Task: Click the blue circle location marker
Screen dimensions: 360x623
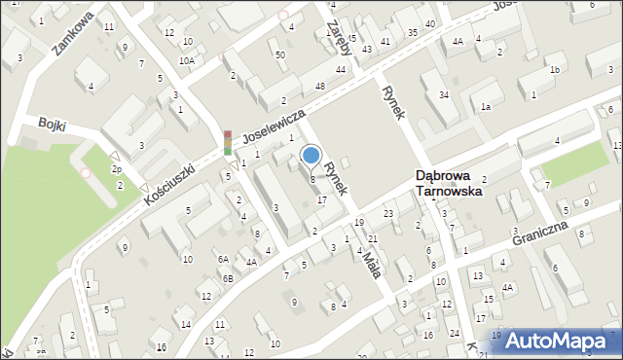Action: click(x=311, y=154)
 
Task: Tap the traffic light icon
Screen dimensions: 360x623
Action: click(x=228, y=143)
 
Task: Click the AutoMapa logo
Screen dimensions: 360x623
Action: click(x=561, y=340)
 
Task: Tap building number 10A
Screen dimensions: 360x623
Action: click(x=186, y=60)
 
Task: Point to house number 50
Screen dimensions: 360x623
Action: click(x=280, y=54)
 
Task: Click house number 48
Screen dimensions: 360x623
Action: click(x=319, y=87)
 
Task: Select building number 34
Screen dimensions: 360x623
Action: click(x=443, y=94)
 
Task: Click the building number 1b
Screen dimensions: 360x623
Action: click(x=554, y=70)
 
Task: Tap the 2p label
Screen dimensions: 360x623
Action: click(x=116, y=169)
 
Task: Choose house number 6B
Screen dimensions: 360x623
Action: click(x=228, y=278)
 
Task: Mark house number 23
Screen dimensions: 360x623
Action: click(x=387, y=213)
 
